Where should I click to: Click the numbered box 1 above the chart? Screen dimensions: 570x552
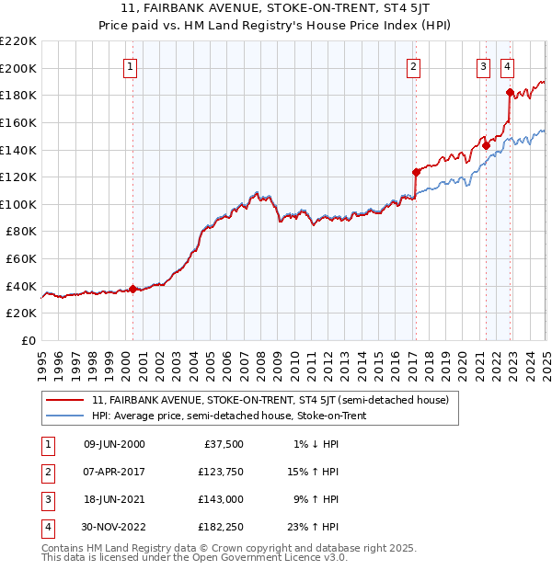pos(131,66)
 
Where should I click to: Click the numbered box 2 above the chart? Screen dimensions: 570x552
pos(414,66)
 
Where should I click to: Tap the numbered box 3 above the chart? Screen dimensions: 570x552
pos(483,66)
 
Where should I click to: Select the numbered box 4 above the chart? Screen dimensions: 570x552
pos(508,66)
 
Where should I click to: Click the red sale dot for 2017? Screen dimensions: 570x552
pos(416,171)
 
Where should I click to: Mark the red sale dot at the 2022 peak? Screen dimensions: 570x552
pos(510,91)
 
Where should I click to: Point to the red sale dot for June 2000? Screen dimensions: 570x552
pos(132,289)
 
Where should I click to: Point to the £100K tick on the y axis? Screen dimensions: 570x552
pos(18,204)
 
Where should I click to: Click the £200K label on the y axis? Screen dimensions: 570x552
pos(18,68)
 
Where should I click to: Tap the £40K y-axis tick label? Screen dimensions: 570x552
pos(21,286)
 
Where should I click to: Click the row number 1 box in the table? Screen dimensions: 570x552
pos(46,444)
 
